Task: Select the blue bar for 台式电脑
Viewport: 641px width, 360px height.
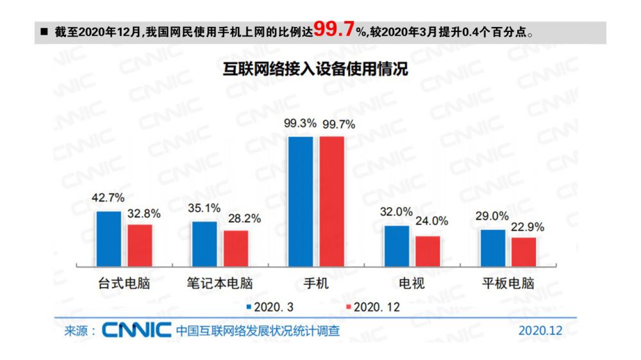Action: click(x=108, y=238)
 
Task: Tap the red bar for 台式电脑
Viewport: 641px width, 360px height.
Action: click(x=140, y=245)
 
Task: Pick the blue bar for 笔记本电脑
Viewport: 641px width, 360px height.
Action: click(x=204, y=243)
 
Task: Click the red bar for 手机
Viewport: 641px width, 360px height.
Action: click(x=332, y=201)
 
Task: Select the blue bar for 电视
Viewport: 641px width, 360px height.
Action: click(x=396, y=246)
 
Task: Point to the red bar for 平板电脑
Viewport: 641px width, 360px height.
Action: click(x=524, y=252)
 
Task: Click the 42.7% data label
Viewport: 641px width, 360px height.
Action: click(x=109, y=198)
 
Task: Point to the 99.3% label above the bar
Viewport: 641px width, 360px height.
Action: click(x=301, y=124)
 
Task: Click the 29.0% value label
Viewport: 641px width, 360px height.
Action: click(x=492, y=216)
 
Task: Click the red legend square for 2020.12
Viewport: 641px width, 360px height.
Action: click(x=349, y=307)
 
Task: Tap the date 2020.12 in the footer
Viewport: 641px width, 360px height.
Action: click(x=540, y=331)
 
